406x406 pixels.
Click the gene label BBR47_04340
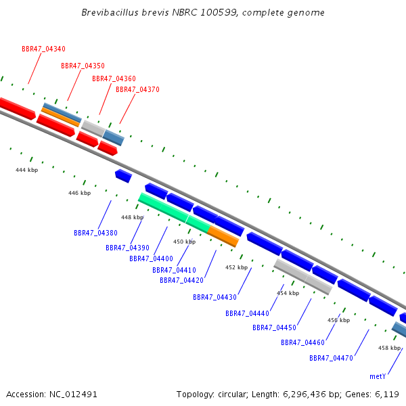point(43,49)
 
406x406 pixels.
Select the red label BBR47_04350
point(83,66)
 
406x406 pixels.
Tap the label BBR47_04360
point(114,78)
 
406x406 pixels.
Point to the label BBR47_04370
point(137,89)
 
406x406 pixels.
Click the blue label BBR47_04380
point(96,233)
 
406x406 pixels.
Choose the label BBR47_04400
point(151,258)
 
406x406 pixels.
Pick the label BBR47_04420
point(182,280)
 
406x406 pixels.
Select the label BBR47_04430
point(215,297)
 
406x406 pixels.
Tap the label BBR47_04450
point(275,328)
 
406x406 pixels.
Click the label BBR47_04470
point(332,358)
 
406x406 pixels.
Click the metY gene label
point(378,376)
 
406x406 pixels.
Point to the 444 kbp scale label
point(26,170)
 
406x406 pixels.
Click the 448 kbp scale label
point(133,217)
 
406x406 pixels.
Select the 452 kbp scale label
point(236,267)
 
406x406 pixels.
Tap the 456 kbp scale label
point(339,320)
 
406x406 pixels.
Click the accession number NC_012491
point(73,394)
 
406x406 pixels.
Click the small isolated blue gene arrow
point(124,176)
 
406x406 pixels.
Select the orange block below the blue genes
point(223,236)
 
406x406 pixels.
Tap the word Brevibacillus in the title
point(110,12)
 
